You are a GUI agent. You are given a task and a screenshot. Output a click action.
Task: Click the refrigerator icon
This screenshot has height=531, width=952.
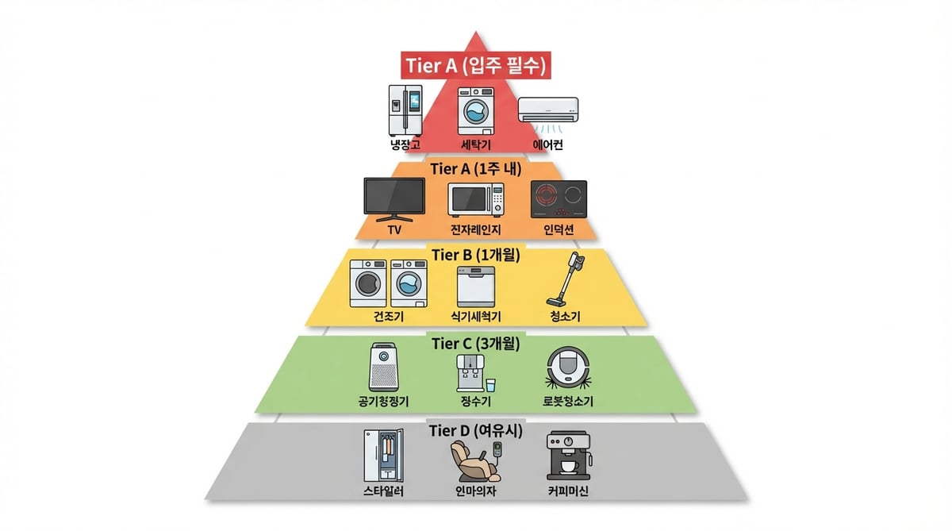(405, 110)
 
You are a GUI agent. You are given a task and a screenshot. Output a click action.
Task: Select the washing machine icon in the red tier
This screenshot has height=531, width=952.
(475, 111)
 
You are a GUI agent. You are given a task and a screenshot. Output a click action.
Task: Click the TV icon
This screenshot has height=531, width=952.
(394, 200)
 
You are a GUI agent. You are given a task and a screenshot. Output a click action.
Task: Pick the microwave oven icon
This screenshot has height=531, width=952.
(476, 199)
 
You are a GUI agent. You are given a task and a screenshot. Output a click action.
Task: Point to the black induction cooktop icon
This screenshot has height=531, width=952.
(559, 199)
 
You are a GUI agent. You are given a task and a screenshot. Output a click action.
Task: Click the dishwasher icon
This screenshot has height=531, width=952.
(475, 287)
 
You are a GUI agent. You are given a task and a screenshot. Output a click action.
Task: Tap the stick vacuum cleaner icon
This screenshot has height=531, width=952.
(565, 279)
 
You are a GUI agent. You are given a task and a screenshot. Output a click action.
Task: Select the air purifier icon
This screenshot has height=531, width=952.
(383, 367)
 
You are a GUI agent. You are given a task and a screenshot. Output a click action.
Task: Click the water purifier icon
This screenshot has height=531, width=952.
(475, 373)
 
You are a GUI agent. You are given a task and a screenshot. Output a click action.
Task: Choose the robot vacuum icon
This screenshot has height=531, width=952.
(568, 368)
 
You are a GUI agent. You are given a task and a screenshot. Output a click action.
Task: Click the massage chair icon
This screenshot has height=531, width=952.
(475, 461)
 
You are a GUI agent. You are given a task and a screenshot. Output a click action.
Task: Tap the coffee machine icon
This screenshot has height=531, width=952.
(568, 456)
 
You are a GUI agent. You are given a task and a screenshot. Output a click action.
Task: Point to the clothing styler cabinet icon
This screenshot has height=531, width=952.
(383, 456)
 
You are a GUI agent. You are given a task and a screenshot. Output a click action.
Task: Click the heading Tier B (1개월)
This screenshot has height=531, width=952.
(475, 255)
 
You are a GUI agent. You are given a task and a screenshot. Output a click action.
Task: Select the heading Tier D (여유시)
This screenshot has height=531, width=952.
(475, 431)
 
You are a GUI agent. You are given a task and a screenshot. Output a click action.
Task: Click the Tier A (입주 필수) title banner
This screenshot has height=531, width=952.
(475, 65)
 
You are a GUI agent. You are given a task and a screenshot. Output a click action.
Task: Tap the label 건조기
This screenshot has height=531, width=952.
(389, 317)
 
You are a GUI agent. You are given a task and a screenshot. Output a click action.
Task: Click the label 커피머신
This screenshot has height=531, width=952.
(568, 491)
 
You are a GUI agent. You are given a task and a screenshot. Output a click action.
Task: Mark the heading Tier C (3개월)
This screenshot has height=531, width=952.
(475, 343)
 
